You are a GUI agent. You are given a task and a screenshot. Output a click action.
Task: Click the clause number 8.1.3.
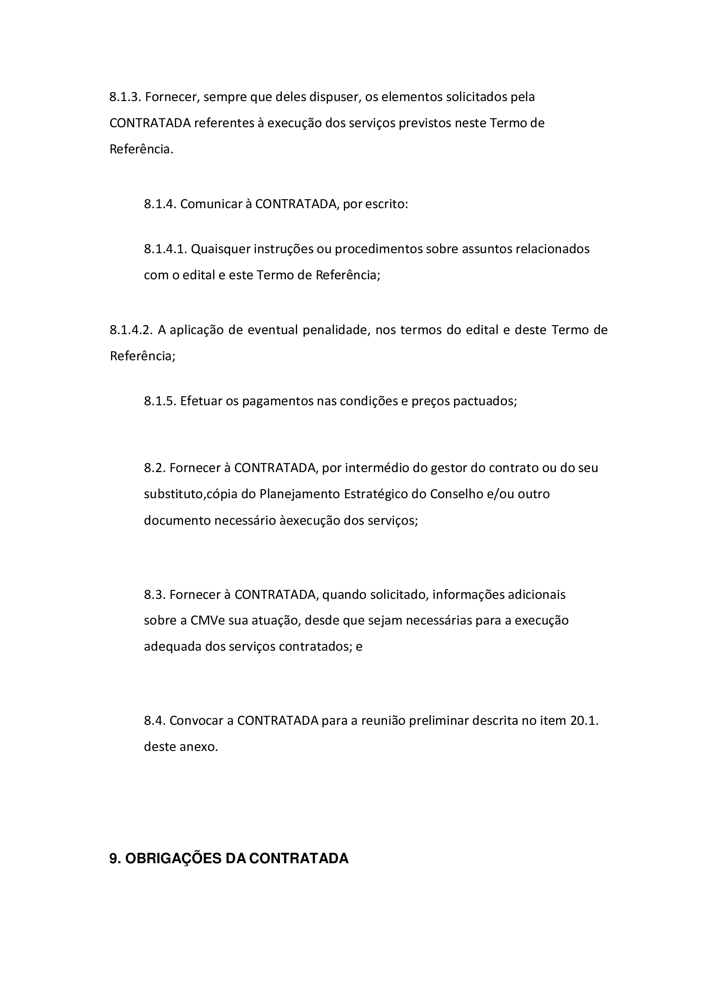pyautogui.click(x=125, y=97)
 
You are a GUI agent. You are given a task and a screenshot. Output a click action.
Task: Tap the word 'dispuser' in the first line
pyautogui.click(x=333, y=97)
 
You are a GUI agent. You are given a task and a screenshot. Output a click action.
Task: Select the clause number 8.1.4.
pyautogui.click(x=160, y=204)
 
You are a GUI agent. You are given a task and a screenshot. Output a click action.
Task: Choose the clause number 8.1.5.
pyautogui.click(x=160, y=401)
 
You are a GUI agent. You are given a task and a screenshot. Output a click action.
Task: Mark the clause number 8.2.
pyautogui.click(x=155, y=468)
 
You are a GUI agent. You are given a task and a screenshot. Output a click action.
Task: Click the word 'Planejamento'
pyautogui.click(x=300, y=494)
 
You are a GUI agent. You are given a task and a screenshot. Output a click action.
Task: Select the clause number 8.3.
pyautogui.click(x=155, y=595)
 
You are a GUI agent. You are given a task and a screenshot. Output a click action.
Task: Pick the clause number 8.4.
pyautogui.click(x=155, y=721)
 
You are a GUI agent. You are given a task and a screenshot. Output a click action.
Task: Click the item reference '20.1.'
pyautogui.click(x=584, y=721)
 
